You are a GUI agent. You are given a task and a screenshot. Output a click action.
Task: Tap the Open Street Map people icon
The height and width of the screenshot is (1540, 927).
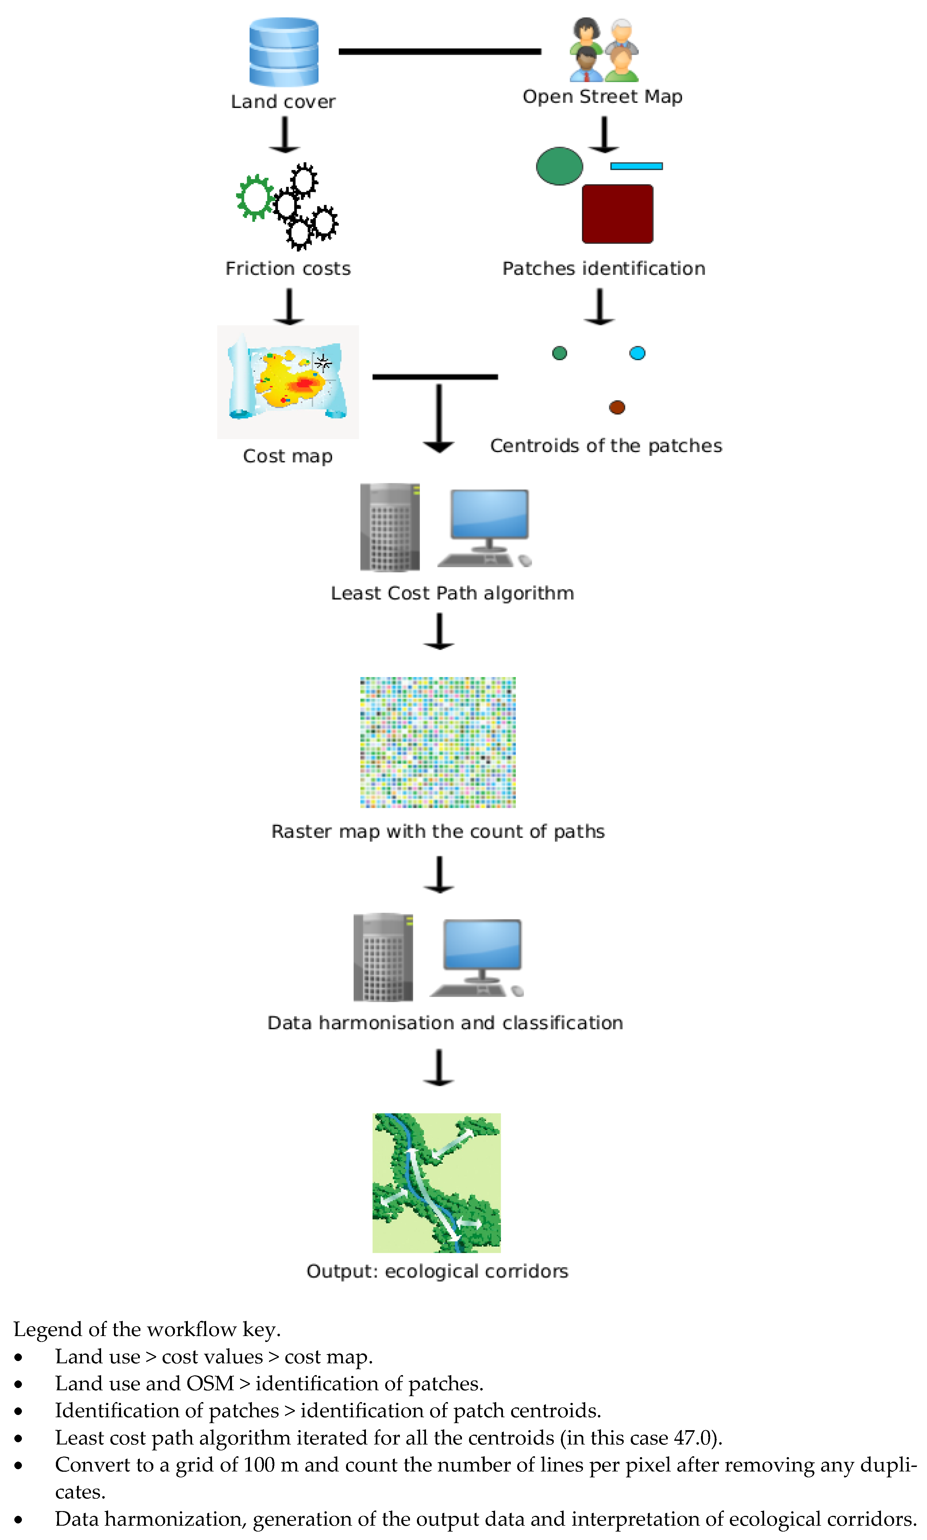[603, 50]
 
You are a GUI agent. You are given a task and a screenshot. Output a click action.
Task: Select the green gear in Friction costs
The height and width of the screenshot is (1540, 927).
[255, 197]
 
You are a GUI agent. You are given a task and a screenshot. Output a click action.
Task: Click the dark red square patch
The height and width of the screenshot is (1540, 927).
[617, 214]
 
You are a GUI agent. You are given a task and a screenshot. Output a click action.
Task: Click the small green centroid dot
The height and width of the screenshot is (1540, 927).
[560, 353]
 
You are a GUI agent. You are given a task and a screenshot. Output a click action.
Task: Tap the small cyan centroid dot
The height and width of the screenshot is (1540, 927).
[637, 353]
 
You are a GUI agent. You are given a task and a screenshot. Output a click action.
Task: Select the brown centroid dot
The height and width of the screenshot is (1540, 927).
[617, 407]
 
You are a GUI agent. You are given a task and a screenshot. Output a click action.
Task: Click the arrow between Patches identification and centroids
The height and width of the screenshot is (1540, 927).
[600, 306]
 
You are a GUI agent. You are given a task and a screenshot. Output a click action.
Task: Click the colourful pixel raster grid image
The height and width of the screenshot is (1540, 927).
[438, 742]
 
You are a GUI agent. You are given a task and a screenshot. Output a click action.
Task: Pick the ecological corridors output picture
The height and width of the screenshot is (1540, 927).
[437, 1183]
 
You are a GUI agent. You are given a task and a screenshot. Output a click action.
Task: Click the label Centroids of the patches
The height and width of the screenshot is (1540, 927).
[606, 446]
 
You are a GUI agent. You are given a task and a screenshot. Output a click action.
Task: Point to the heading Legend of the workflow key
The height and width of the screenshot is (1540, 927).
[147, 1329]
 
